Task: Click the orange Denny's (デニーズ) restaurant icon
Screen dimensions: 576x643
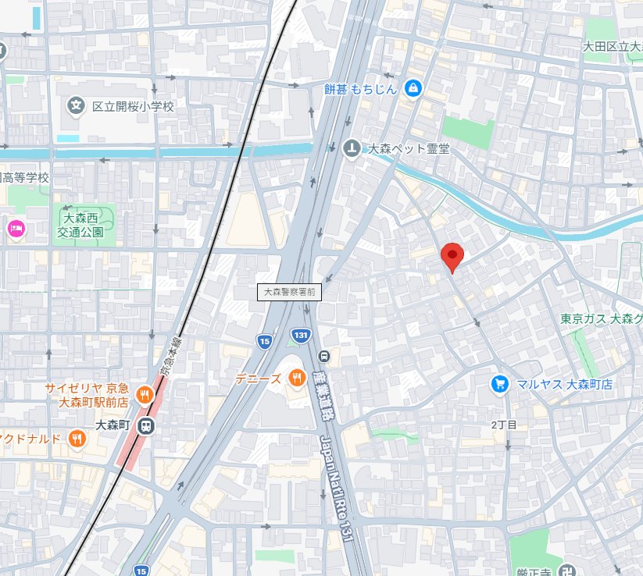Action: (297, 379)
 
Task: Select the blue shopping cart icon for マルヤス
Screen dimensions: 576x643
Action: (499, 383)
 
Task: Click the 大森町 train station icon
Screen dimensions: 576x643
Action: (145, 425)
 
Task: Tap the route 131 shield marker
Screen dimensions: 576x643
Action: (300, 335)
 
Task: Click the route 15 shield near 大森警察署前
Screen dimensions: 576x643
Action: (265, 340)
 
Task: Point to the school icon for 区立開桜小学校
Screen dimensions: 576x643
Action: (76, 105)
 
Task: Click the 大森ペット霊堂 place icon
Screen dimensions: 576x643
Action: (353, 148)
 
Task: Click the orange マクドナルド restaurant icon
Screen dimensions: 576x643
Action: (76, 439)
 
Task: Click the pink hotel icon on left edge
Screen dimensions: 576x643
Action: (15, 229)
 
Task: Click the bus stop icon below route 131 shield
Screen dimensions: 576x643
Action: (324, 357)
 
